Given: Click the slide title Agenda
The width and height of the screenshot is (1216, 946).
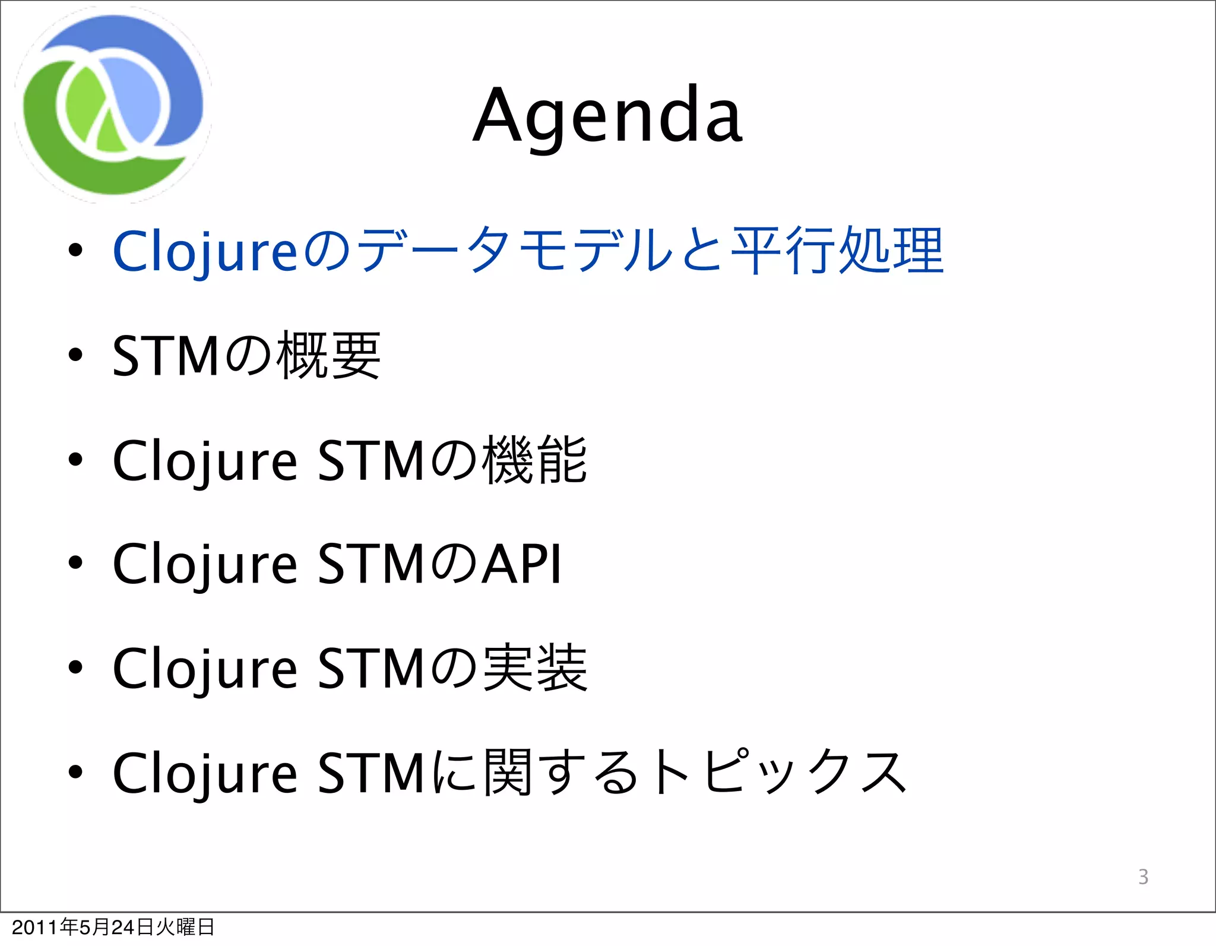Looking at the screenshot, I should (x=607, y=115).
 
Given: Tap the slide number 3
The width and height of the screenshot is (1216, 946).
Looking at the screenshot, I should (x=1143, y=877).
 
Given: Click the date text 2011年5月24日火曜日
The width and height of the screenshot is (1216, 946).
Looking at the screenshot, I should (x=113, y=927).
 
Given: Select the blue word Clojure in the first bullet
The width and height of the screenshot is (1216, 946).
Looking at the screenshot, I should (x=205, y=252).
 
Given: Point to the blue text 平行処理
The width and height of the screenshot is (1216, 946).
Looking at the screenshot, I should (x=837, y=251).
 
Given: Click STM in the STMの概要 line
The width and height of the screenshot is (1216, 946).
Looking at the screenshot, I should (x=166, y=356).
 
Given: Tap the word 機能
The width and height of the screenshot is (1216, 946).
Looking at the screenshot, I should (x=534, y=460).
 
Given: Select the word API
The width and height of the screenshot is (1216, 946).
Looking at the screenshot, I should (x=521, y=564).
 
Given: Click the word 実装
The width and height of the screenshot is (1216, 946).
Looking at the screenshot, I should (x=534, y=669).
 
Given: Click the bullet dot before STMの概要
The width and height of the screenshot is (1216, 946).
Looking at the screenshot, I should (x=75, y=355).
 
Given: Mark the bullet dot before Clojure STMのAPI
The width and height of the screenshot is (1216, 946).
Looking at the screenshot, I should (x=75, y=563).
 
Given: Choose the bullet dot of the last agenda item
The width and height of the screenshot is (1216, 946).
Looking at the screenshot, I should (x=75, y=771).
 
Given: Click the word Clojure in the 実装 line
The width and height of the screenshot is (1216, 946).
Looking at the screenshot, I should (x=205, y=670).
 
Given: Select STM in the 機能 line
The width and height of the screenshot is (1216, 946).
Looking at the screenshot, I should (x=371, y=461).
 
